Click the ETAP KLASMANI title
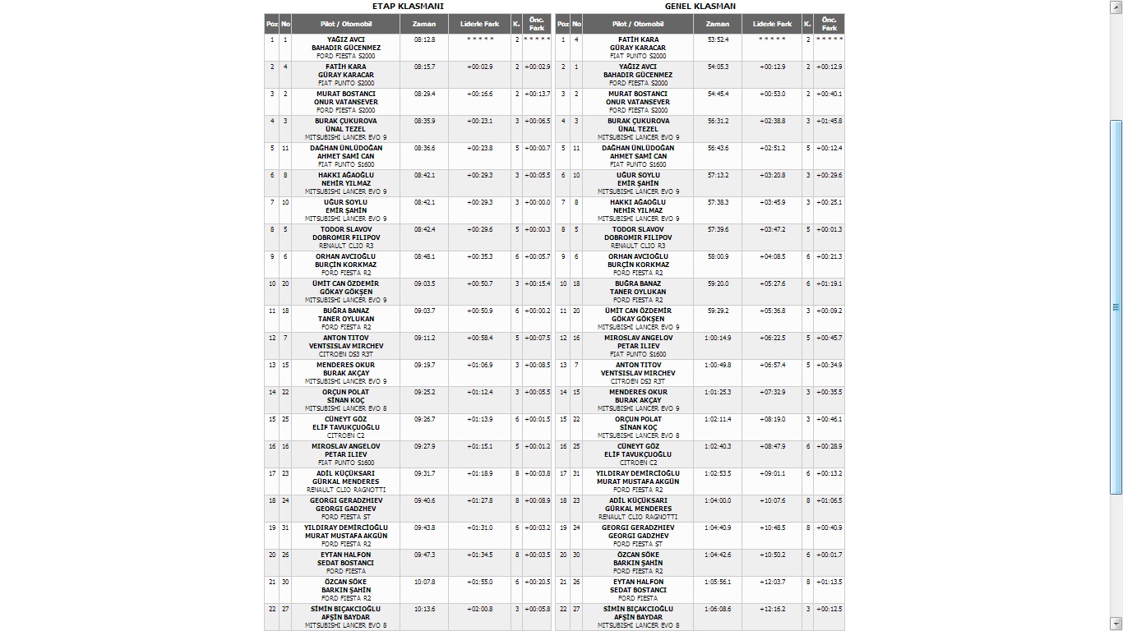click(409, 6)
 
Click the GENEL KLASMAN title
click(700, 6)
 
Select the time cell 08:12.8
click(425, 39)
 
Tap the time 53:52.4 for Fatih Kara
click(718, 39)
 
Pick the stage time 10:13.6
click(425, 609)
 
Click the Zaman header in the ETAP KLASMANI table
click(424, 24)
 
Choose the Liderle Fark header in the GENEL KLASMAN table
click(772, 24)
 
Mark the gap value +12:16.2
click(772, 609)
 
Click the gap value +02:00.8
click(480, 609)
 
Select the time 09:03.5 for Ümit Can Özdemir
click(425, 283)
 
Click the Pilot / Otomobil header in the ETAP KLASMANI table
click(346, 24)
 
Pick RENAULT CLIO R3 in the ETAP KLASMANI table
click(346, 246)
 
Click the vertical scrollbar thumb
click(1116, 306)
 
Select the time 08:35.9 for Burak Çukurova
click(425, 121)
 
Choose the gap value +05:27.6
click(772, 283)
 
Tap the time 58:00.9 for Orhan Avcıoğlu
click(718, 256)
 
